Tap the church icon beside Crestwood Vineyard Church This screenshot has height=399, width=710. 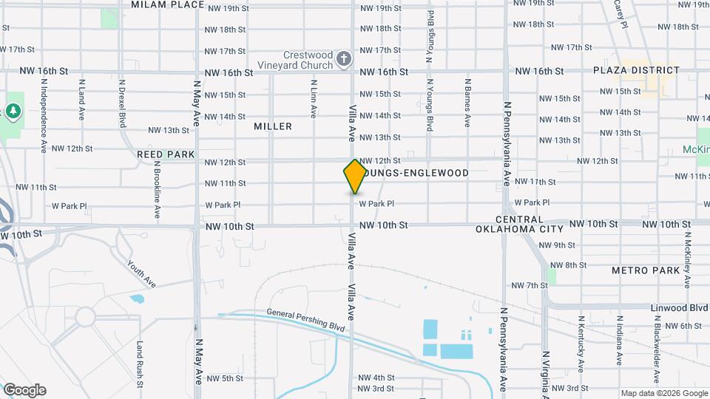[x=343, y=58]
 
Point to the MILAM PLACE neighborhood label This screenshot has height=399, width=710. [x=167, y=4]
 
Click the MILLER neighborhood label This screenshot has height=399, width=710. [x=273, y=126]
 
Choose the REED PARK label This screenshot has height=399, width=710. [x=166, y=154]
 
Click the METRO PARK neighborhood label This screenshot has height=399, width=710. [x=645, y=270]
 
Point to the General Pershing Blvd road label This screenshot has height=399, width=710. [x=306, y=320]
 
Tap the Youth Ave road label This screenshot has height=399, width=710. [x=141, y=273]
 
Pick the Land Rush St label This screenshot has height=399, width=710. [x=139, y=364]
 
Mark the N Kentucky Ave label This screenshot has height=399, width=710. [x=581, y=344]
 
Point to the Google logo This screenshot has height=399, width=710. [x=24, y=390]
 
